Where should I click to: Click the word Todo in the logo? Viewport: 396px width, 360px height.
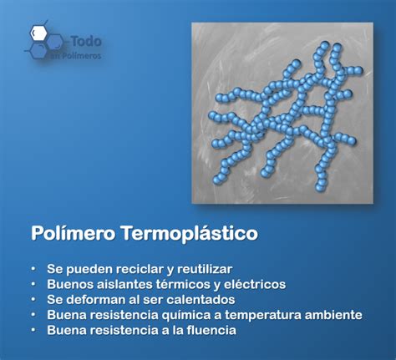pos(86,41)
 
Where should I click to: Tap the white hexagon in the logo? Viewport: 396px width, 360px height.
pos(38,33)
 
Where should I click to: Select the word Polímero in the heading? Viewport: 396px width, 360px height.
pos(73,232)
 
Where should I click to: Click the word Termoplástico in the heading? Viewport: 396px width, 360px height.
pos(190,232)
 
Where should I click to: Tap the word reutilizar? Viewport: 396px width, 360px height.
pos(205,269)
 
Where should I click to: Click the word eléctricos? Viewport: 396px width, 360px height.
pos(255,284)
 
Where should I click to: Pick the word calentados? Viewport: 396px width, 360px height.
pos(201,300)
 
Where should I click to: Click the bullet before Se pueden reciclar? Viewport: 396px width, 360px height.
pos(33,269)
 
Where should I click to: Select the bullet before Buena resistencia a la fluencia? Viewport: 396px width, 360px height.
pos(33,330)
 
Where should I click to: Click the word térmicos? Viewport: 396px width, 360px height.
pos(182,284)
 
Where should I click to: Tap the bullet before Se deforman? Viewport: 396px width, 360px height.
pos(33,299)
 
